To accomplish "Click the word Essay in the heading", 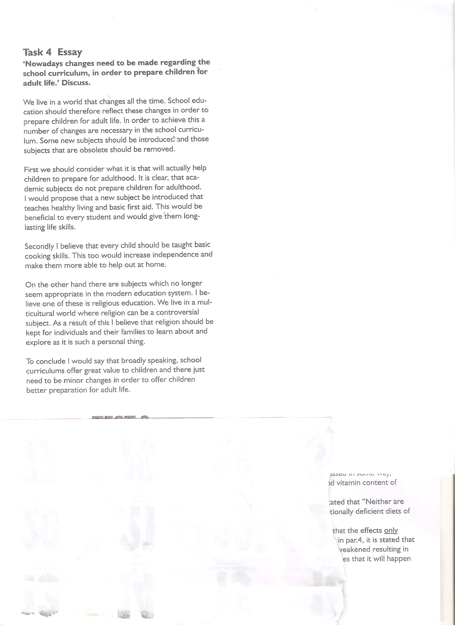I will (x=70, y=52).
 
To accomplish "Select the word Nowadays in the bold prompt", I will (x=39, y=64).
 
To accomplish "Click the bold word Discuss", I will (x=76, y=83).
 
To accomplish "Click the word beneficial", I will (x=40, y=218).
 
